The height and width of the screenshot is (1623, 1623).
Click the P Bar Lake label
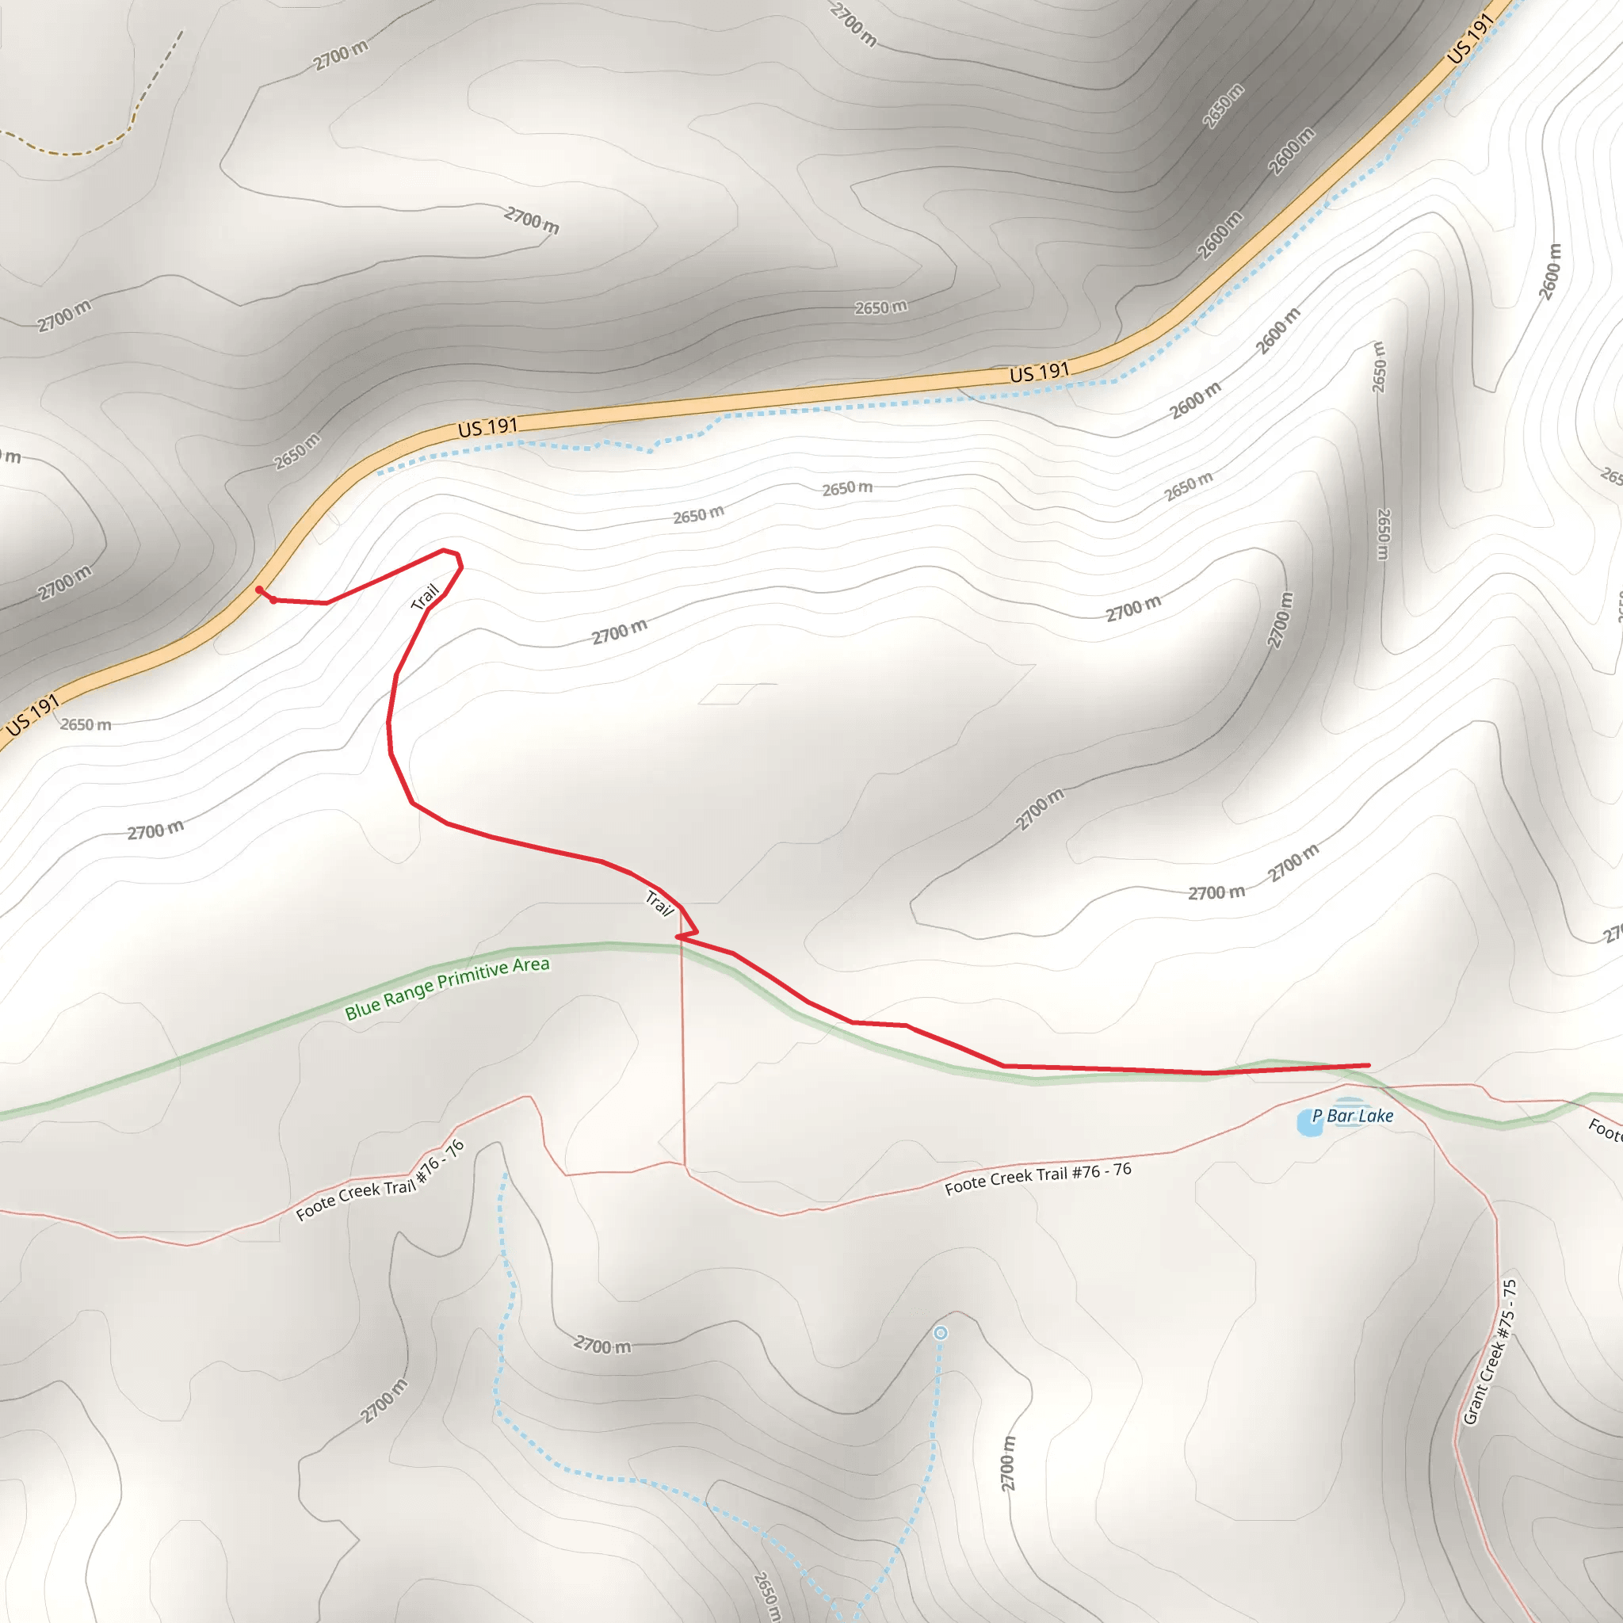[x=1353, y=1116]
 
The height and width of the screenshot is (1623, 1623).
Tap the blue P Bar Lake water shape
[x=1308, y=1121]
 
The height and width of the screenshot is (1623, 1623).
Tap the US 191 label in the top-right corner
[x=1470, y=38]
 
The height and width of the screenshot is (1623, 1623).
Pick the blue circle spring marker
[x=941, y=1333]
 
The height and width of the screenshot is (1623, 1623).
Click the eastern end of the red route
[x=1369, y=1065]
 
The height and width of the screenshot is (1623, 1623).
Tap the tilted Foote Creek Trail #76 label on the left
[x=380, y=1180]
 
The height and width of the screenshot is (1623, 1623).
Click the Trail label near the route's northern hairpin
[x=425, y=598]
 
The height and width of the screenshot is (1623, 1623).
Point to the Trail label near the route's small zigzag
[x=659, y=903]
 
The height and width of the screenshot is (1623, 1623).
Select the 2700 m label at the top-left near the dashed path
[x=340, y=55]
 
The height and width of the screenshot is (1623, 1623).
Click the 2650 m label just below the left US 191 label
[x=86, y=724]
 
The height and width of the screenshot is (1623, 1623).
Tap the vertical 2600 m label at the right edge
[x=1550, y=270]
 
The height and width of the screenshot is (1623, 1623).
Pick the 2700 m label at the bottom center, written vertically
[x=1007, y=1463]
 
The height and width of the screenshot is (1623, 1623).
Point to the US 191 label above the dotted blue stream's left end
[x=487, y=428]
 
